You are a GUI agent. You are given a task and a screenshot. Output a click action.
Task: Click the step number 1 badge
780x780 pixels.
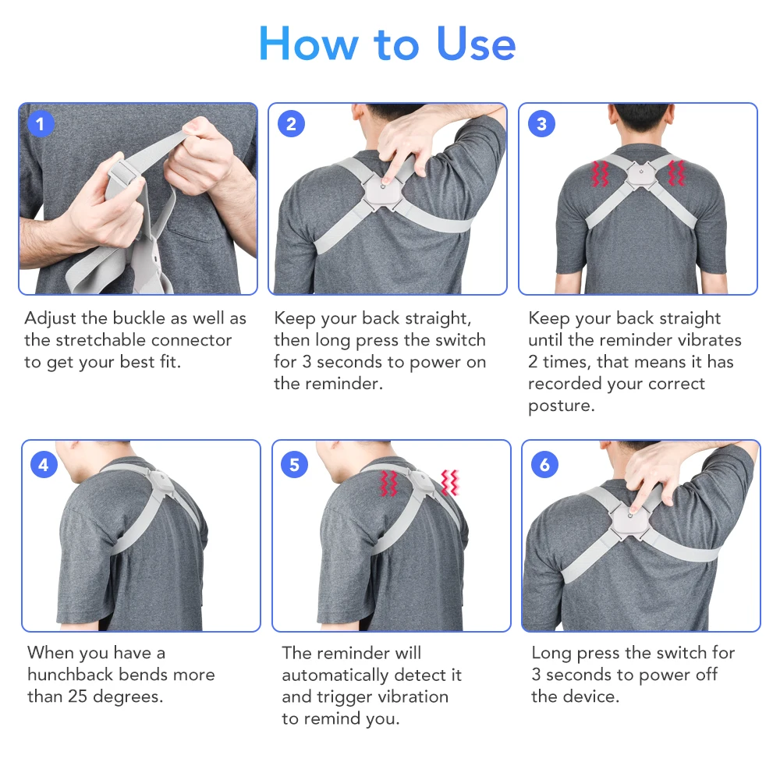coord(41,124)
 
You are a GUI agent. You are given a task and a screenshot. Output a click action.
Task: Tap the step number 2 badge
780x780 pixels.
coord(292,124)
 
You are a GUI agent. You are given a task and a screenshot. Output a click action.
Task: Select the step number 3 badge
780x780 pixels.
coord(542,124)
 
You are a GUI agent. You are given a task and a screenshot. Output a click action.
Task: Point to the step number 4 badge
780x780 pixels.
coord(44,465)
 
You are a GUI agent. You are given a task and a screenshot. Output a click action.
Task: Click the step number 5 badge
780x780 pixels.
coord(294,465)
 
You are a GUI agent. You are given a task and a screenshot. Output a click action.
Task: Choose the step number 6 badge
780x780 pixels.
coord(544,465)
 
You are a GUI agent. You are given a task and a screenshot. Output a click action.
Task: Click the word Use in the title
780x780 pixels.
coord(476,44)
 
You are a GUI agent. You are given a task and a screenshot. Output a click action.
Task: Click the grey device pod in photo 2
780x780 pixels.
coord(382,187)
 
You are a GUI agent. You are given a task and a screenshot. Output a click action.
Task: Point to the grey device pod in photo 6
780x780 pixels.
coord(631,516)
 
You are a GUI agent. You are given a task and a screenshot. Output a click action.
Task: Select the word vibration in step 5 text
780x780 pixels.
coord(411,696)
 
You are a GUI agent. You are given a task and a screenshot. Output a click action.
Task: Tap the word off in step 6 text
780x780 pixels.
coord(706,674)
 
